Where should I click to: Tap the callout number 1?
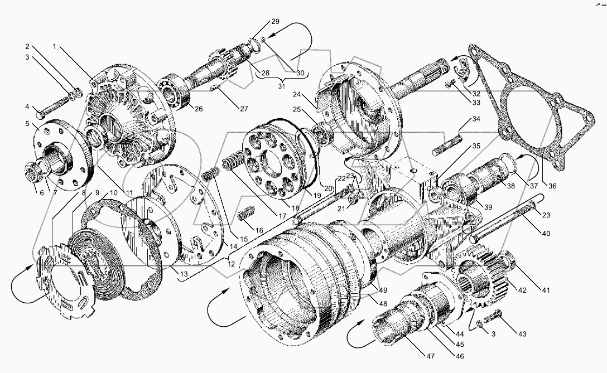point(55,47)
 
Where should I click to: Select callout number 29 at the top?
point(275,21)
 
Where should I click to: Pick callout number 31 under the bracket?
point(281,86)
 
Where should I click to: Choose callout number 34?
point(476,119)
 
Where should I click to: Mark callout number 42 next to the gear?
point(522,290)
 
